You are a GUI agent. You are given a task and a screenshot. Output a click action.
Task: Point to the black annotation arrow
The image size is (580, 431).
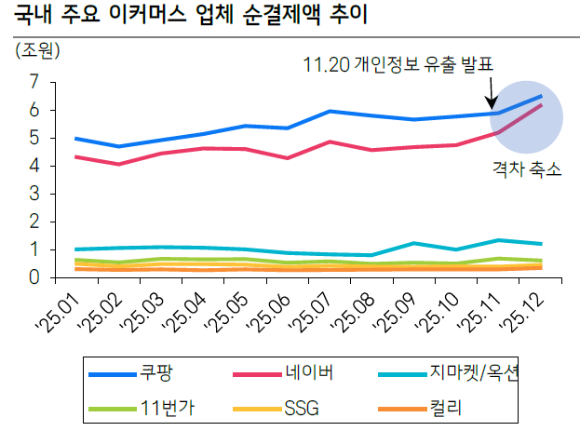point(491,92)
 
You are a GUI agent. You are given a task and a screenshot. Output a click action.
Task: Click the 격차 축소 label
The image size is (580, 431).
point(527,169)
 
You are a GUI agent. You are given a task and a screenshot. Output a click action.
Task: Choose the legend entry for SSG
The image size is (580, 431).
point(300,407)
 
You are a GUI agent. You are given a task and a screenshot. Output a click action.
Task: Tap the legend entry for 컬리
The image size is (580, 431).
point(446,407)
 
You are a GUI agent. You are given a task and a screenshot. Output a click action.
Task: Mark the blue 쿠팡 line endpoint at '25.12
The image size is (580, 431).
point(542,96)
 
